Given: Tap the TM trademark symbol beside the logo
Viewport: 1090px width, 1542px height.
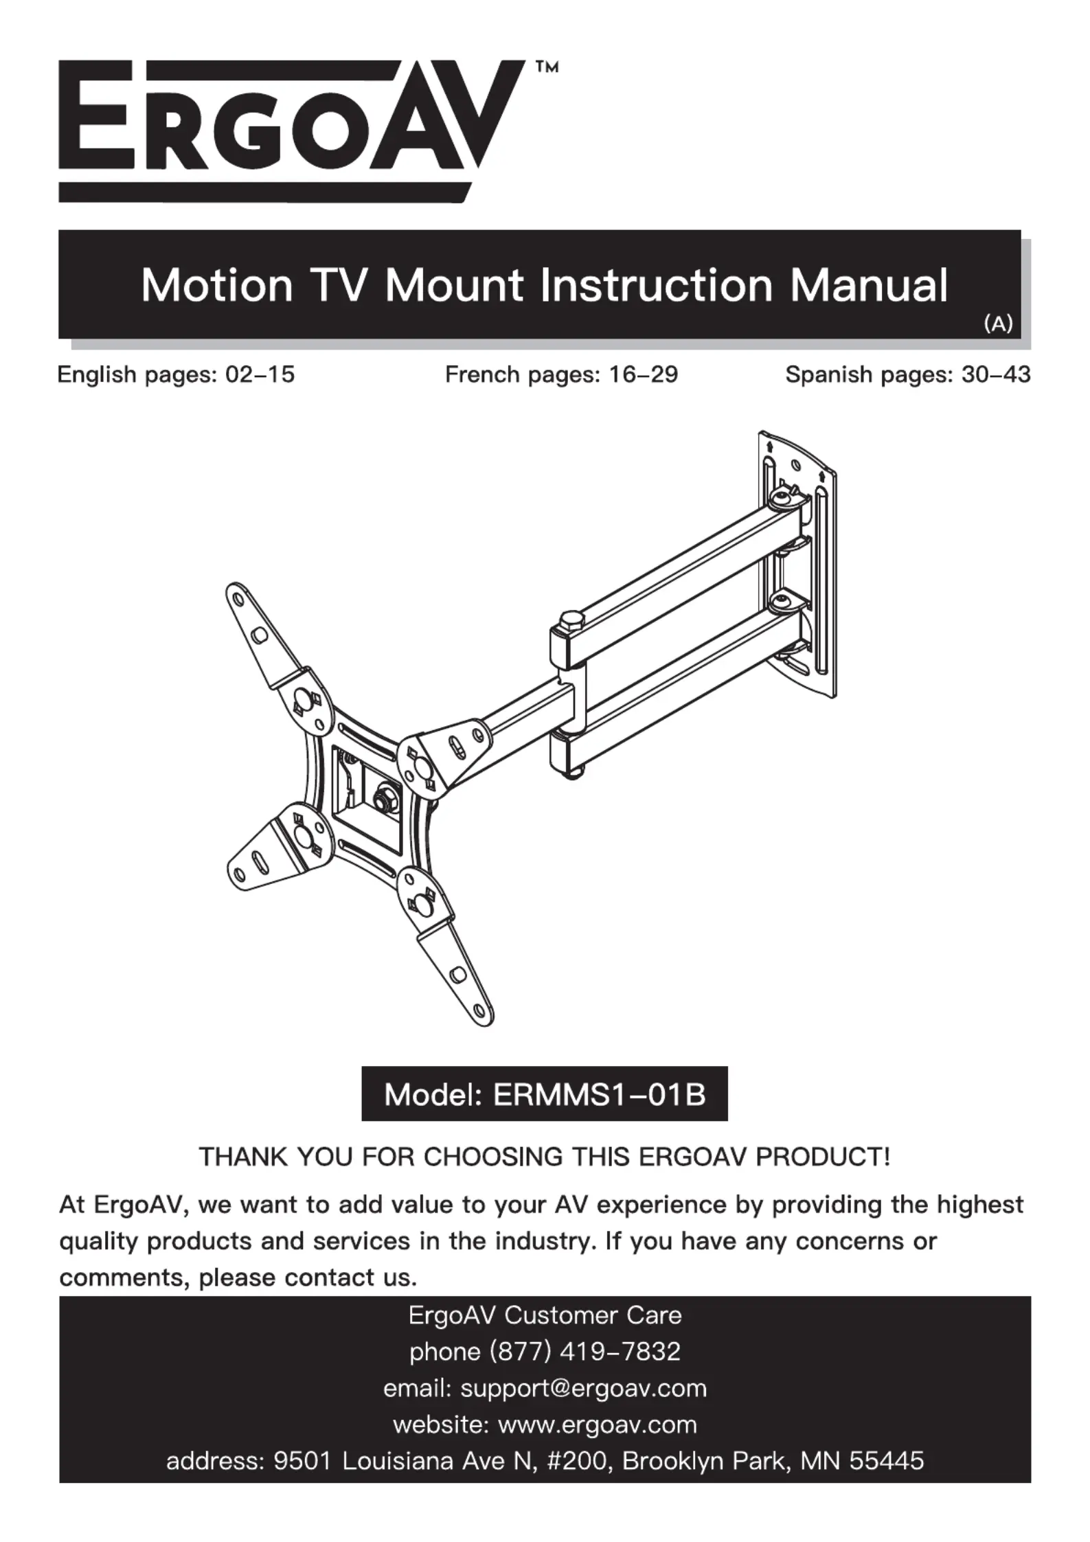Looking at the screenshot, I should pyautogui.click(x=546, y=67).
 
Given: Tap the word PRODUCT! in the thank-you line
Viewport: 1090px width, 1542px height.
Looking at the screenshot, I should pyautogui.click(x=822, y=1157).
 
